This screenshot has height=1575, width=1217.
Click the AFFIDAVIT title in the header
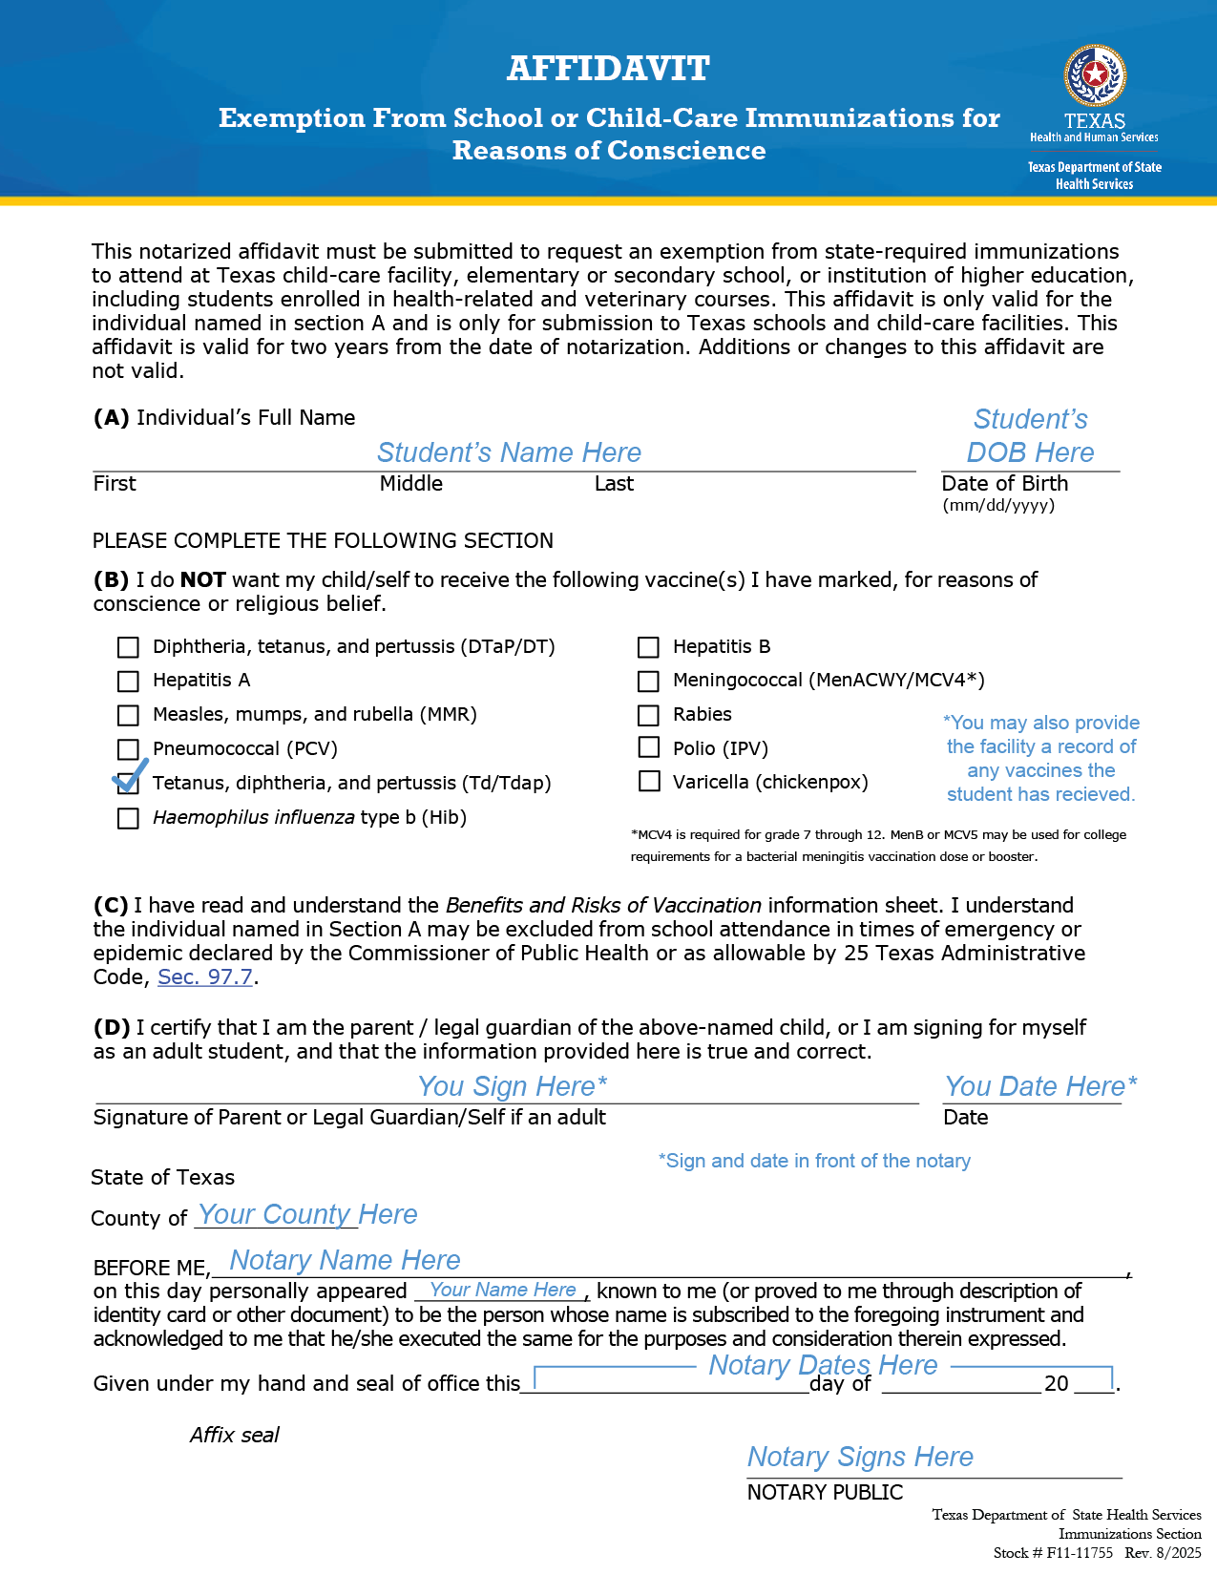(608, 69)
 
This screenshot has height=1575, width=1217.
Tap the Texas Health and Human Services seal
(1095, 75)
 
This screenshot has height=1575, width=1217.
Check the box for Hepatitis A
(128, 681)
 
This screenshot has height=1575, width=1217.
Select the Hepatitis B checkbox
(648, 647)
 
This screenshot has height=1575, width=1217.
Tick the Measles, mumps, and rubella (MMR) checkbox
(128, 715)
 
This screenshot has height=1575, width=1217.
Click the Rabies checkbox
(648, 715)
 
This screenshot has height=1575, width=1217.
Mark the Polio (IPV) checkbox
(648, 747)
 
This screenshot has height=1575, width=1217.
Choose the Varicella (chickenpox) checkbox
(649, 782)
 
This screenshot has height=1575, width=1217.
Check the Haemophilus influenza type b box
(128, 818)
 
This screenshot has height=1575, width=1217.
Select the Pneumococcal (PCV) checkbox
(128, 749)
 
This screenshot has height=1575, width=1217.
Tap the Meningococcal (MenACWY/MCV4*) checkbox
(648, 681)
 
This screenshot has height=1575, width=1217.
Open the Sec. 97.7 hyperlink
(205, 977)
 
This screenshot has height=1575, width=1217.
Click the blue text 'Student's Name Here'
(509, 452)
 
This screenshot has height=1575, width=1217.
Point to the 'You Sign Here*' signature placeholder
(513, 1086)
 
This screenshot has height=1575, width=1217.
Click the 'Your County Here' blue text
(307, 1214)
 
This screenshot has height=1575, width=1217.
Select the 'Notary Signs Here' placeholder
(860, 1457)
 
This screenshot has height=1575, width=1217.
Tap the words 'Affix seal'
(235, 1436)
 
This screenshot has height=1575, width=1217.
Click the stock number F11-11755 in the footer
(1080, 1553)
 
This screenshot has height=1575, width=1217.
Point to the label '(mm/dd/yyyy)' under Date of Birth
(998, 506)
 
